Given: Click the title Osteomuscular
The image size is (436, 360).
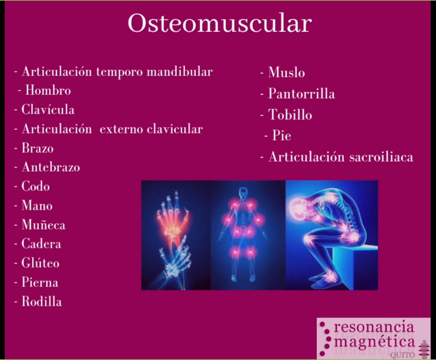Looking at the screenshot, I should coord(219,23).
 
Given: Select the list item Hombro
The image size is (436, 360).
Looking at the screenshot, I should coord(48,90).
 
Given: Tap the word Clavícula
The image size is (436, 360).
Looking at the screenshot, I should coord(48,110).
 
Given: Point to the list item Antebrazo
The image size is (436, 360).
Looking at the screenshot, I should coord(51,167).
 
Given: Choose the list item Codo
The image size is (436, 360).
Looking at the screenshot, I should coord(36,186).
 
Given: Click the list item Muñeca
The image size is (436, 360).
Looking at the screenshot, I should coord(43,225).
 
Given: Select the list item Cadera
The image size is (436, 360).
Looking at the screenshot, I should coord(41,244).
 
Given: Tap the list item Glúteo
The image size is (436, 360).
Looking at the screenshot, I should coord(40,263).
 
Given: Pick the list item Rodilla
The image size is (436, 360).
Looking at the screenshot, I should coord(42,302).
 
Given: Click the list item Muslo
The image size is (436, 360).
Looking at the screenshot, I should coord(286,72).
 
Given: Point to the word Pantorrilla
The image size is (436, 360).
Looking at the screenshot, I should coord(301,94).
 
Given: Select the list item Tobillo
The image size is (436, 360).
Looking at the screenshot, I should coord(290,115).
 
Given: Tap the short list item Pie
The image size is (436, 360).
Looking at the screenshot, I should coord(282,136).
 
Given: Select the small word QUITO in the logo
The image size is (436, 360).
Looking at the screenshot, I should coord(403,355).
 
